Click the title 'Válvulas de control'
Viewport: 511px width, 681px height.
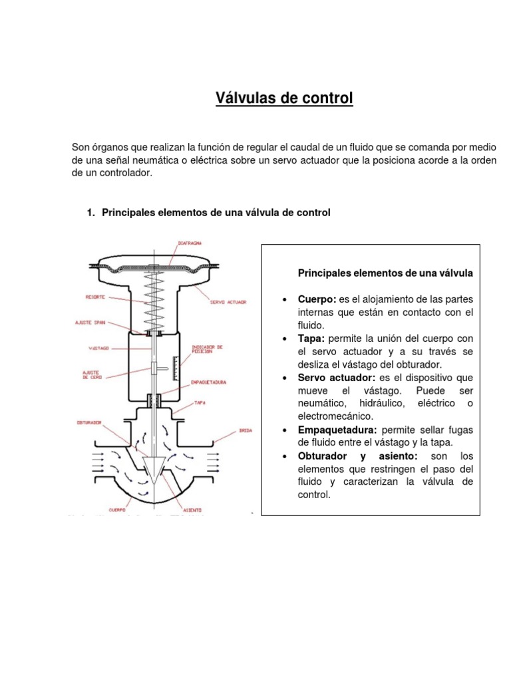pos(283,99)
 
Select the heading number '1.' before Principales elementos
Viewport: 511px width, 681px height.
pos(92,213)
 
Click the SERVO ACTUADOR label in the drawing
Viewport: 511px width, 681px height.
pos(228,301)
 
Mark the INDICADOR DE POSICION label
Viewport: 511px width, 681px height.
pos(207,350)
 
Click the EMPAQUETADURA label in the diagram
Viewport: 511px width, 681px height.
pos(209,382)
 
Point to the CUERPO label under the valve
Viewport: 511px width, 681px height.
pos(100,511)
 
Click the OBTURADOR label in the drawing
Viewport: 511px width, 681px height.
pos(88,422)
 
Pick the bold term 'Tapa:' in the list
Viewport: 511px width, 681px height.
pos(311,339)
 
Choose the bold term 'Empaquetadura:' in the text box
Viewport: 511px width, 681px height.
pos(337,430)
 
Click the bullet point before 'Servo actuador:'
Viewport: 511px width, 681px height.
pos(284,378)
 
